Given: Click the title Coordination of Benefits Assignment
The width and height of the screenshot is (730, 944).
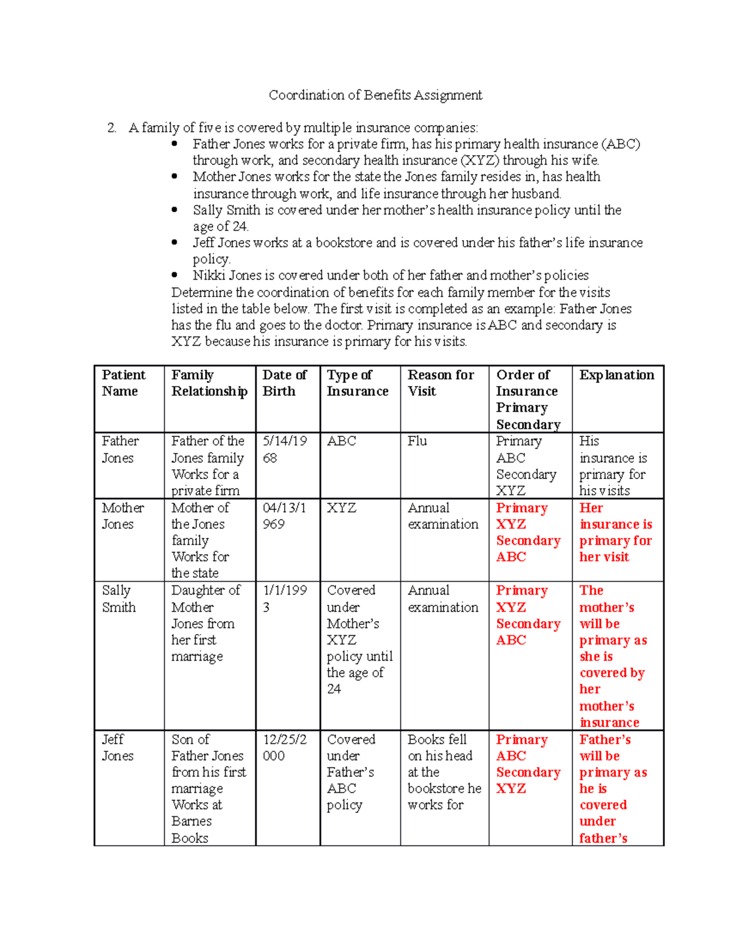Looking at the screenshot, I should pyautogui.click(x=375, y=95).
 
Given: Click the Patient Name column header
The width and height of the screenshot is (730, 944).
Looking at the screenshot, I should pyautogui.click(x=123, y=383).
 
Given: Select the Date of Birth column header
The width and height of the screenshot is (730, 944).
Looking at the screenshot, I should pyautogui.click(x=284, y=383).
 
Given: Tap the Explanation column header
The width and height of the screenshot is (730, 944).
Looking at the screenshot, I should pyautogui.click(x=616, y=375).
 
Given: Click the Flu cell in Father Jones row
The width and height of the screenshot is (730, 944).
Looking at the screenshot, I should pyautogui.click(x=417, y=441).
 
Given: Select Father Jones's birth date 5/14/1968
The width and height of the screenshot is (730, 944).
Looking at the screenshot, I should pyautogui.click(x=284, y=449).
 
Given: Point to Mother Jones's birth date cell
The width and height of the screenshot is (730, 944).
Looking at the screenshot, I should pyautogui.click(x=284, y=515).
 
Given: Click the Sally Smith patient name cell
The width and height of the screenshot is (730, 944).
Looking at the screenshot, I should pyautogui.click(x=119, y=599).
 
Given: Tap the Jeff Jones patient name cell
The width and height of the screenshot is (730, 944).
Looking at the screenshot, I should pyautogui.click(x=117, y=748).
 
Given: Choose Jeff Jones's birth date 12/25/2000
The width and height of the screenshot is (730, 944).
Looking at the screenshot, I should pyautogui.click(x=284, y=748).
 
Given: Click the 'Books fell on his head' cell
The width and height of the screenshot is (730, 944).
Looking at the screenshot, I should pyautogui.click(x=443, y=772).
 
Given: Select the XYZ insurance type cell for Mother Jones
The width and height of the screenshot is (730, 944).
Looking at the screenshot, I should pyautogui.click(x=341, y=508).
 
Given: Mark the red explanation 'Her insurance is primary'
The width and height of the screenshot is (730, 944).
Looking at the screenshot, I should pyautogui.click(x=615, y=532).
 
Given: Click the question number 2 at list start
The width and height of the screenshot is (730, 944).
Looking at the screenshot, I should pyautogui.click(x=111, y=128).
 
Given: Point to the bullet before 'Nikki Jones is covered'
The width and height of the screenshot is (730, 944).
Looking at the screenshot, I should pyautogui.click(x=175, y=275).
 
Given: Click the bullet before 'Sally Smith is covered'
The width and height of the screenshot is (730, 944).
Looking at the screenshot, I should pyautogui.click(x=175, y=210).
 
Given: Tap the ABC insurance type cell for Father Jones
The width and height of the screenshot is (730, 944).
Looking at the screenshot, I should pyautogui.click(x=341, y=441).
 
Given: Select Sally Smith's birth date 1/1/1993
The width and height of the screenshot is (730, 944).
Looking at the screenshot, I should pyautogui.click(x=284, y=599).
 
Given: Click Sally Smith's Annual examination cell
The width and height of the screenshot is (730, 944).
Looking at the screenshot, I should pyautogui.click(x=443, y=599).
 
